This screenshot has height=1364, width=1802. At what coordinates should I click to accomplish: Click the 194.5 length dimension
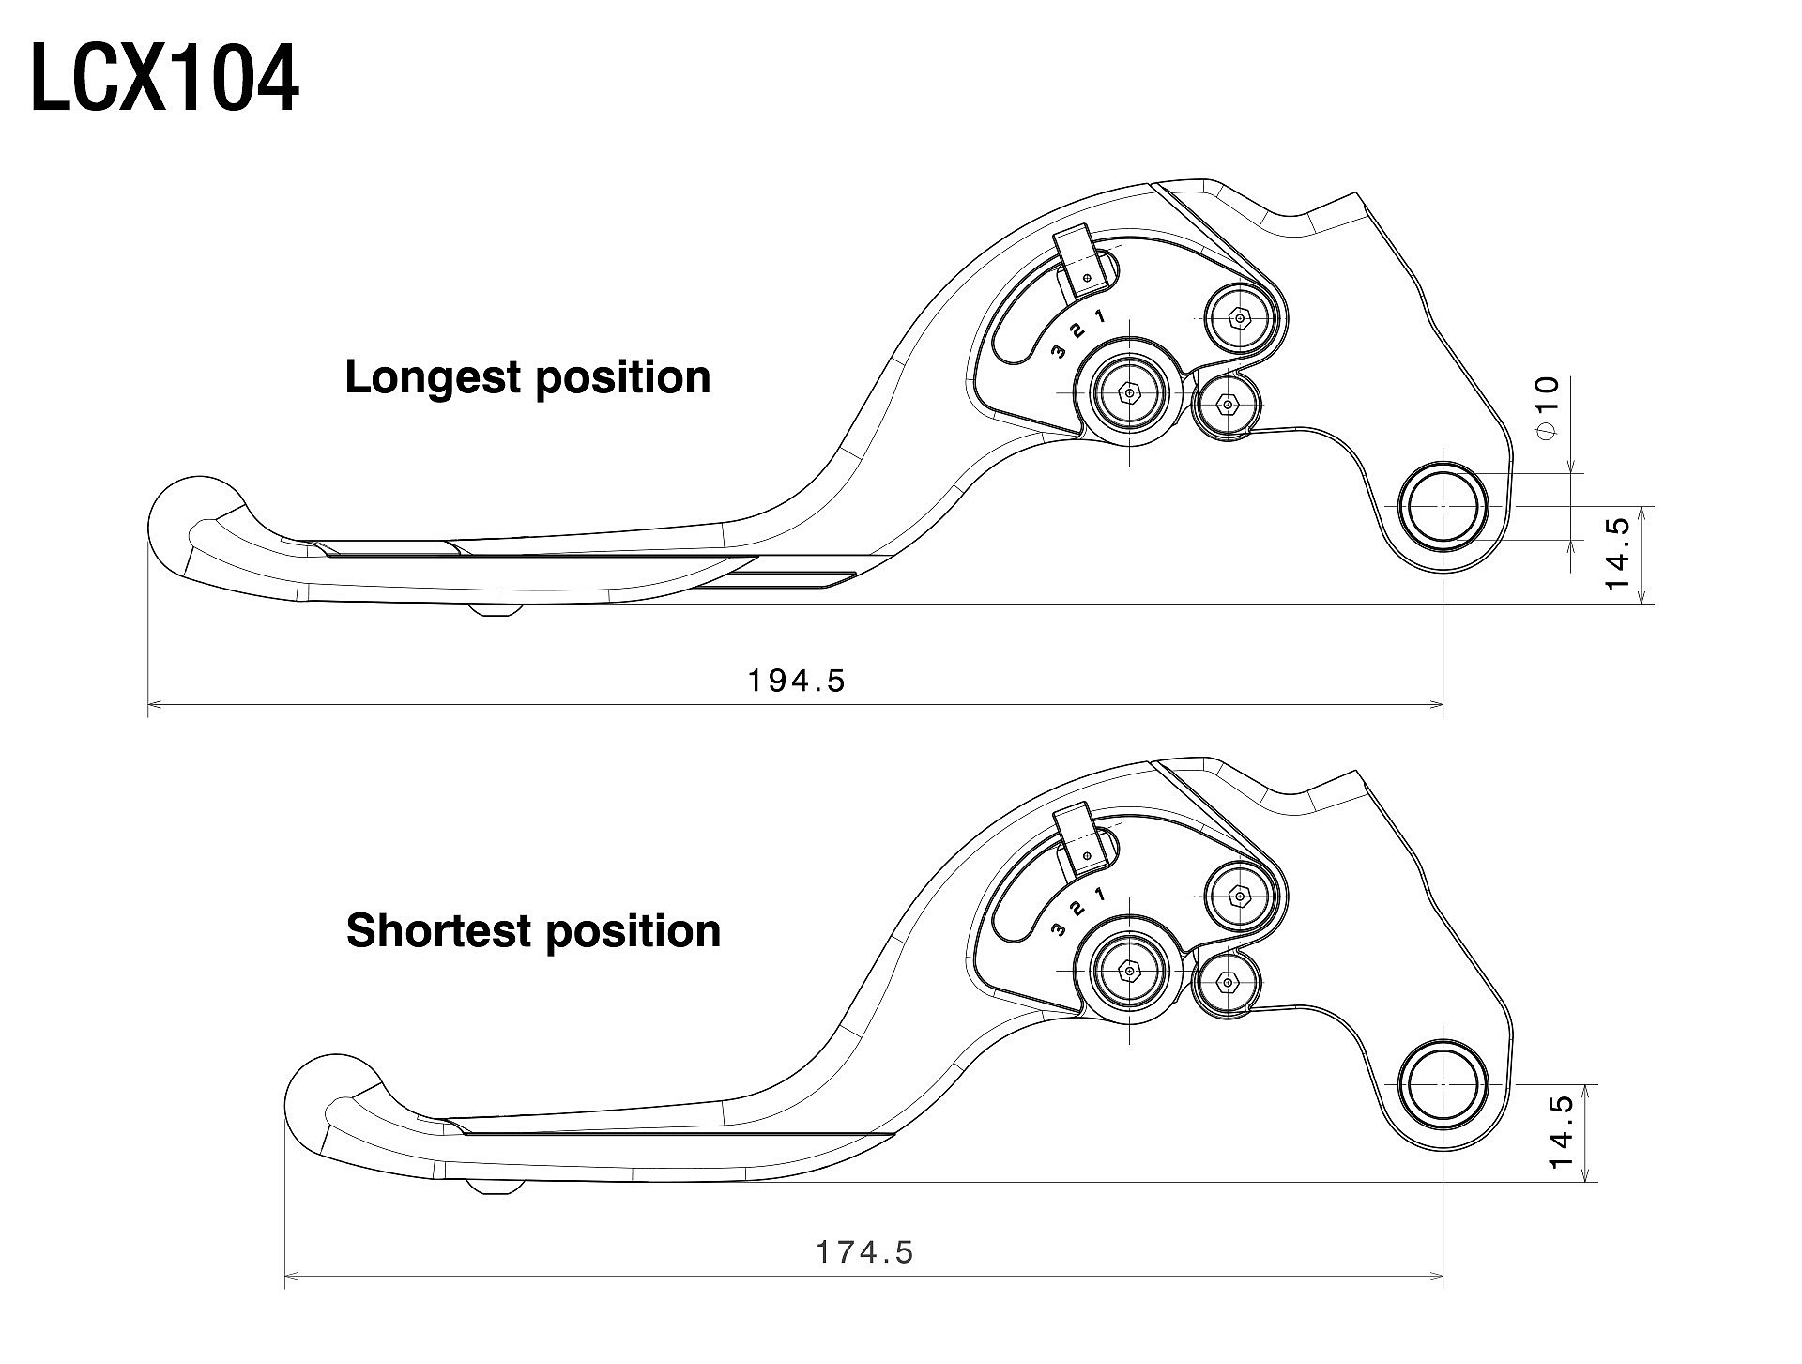[797, 680]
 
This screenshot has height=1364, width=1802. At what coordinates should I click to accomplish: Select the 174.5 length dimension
[864, 1251]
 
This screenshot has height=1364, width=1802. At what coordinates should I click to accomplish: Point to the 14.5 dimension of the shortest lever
[1562, 1132]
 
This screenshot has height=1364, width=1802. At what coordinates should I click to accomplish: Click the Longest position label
[527, 377]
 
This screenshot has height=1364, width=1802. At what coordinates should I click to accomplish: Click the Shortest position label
[533, 931]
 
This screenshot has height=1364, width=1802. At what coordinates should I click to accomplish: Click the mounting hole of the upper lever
[1443, 506]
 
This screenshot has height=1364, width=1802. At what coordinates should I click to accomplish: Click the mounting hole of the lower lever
[1443, 1084]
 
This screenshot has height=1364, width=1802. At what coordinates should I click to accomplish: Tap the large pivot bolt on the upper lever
[1128, 393]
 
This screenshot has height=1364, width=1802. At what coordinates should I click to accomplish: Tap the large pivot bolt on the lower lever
[1128, 972]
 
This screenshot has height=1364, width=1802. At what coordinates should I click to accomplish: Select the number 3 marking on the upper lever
[1059, 352]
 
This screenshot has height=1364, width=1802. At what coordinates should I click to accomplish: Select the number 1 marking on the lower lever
[1099, 894]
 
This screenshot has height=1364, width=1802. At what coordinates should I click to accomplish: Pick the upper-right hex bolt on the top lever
[1240, 319]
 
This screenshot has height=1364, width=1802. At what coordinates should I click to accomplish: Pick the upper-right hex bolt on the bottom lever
[1240, 897]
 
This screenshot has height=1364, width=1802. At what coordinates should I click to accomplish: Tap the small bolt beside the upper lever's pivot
[1226, 406]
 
